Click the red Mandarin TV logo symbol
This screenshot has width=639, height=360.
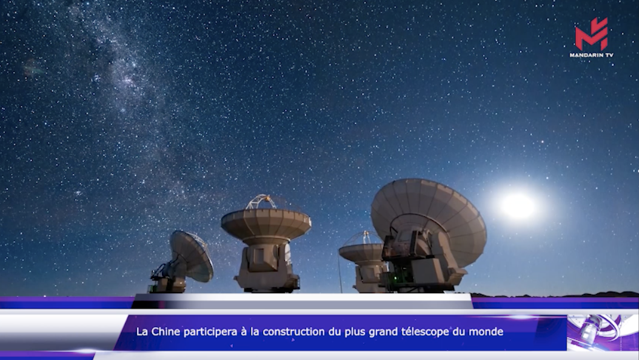point(591,34)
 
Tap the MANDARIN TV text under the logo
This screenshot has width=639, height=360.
point(591,55)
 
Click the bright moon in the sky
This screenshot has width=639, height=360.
point(518,206)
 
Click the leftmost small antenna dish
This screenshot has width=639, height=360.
point(192,255)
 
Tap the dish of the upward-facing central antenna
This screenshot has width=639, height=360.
point(266,224)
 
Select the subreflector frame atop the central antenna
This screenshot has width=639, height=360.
point(261,202)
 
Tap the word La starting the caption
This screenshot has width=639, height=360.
point(142,332)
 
